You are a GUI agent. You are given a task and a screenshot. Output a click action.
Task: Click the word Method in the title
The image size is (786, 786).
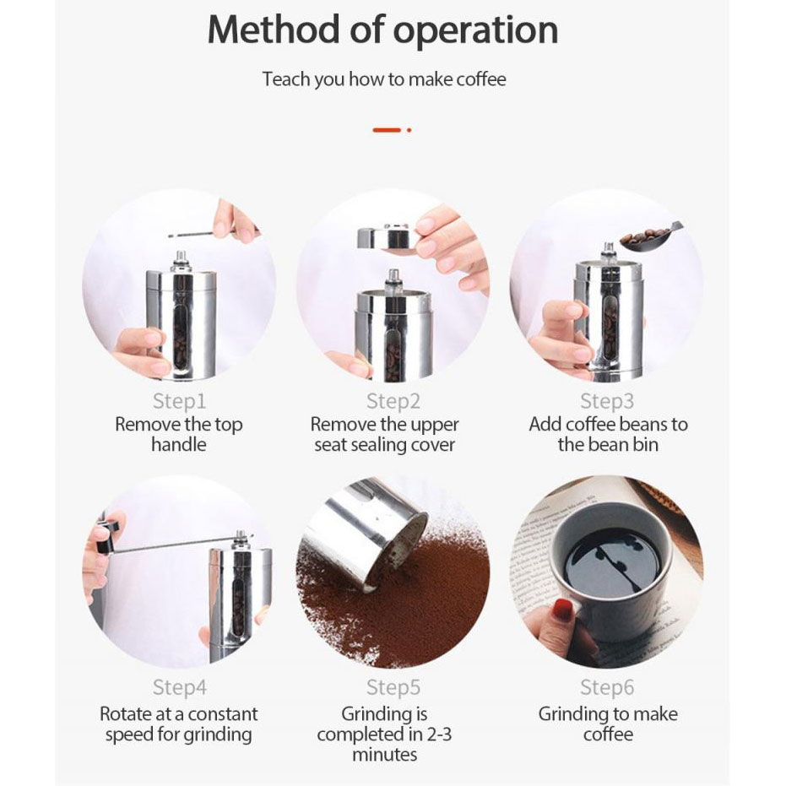pyautogui.click(x=274, y=30)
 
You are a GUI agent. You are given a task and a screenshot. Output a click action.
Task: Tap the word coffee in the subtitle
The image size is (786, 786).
pyautogui.click(x=481, y=79)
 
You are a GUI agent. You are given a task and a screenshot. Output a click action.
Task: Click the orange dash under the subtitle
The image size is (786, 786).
pyautogui.click(x=387, y=130)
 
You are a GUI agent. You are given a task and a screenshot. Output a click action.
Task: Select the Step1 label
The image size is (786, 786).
pyautogui.click(x=179, y=401)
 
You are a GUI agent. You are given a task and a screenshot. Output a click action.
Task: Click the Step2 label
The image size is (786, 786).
pyautogui.click(x=393, y=401)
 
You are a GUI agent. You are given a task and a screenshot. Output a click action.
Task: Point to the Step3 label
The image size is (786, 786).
pyautogui.click(x=607, y=401)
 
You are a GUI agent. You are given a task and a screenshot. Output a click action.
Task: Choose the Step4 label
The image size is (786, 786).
pyautogui.click(x=180, y=687)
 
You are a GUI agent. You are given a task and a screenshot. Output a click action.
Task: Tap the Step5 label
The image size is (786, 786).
pyautogui.click(x=393, y=687)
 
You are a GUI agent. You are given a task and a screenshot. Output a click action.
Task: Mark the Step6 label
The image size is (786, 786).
pyautogui.click(x=607, y=687)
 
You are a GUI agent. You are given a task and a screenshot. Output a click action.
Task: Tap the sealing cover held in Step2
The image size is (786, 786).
pyautogui.click(x=387, y=237)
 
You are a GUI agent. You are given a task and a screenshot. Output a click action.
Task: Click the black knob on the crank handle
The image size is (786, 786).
pyautogui.click(x=108, y=537)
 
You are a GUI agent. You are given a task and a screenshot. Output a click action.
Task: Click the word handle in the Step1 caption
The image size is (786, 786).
pyautogui.click(x=179, y=445)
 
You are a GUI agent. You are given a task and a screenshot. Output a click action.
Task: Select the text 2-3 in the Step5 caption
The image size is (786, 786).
pyautogui.click(x=439, y=735)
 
